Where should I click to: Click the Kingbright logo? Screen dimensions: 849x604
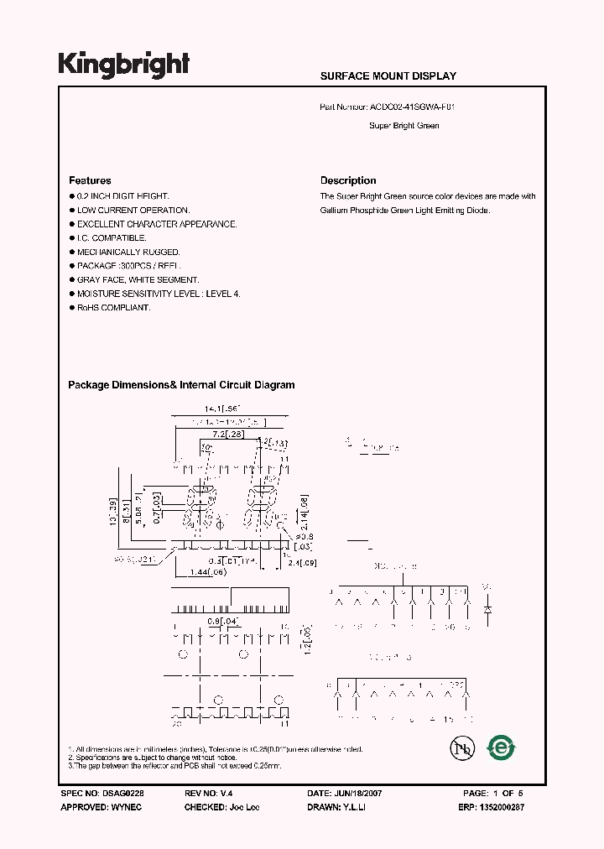[123, 64]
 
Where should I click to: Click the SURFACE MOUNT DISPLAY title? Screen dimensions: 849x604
[388, 76]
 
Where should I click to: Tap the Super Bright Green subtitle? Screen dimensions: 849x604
[404, 126]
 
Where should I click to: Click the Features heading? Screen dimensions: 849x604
[90, 180]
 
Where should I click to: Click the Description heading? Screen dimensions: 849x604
[348, 180]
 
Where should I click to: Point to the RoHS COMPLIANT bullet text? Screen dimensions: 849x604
[113, 308]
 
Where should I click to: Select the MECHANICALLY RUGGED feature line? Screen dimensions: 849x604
[128, 252]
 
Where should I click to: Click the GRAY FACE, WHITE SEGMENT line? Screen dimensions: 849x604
[138, 280]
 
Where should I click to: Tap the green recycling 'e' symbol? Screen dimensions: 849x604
[502, 747]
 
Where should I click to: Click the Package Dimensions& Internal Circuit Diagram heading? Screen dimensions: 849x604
[181, 385]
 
